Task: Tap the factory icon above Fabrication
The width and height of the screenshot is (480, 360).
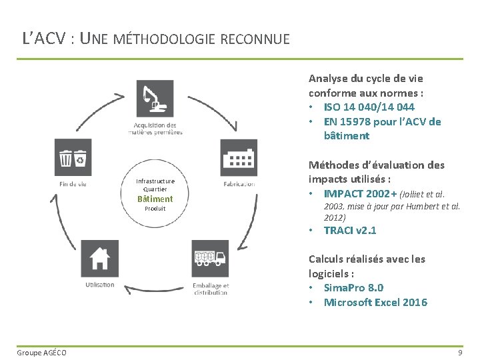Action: [239, 158]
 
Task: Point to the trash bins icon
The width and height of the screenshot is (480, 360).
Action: [73, 158]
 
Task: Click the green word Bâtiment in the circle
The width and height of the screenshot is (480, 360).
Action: [155, 199]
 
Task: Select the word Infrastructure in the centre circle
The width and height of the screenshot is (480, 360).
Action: [155, 181]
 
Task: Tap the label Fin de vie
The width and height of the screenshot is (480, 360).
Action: [73, 184]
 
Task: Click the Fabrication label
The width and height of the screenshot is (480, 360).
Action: [239, 184]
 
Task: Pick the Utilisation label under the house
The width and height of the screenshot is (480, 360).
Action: [99, 285]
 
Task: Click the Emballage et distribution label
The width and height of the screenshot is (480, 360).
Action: [211, 289]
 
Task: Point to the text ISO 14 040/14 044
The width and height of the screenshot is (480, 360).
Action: [369, 107]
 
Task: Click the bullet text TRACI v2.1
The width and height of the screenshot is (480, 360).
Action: [349, 231]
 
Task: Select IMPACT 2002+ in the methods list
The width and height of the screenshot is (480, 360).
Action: [359, 193]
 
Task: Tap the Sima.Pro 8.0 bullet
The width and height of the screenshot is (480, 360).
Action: [353, 288]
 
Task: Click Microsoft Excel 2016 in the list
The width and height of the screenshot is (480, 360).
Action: [375, 303]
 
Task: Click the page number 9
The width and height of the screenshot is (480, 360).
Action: [460, 352]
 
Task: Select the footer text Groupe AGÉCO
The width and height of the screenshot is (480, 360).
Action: [41, 352]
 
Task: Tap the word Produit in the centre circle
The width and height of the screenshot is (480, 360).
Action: [155, 209]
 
